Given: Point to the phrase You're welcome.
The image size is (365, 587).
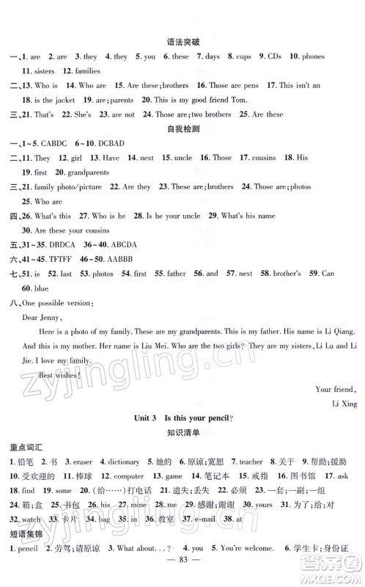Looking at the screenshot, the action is (x=239, y=568).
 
